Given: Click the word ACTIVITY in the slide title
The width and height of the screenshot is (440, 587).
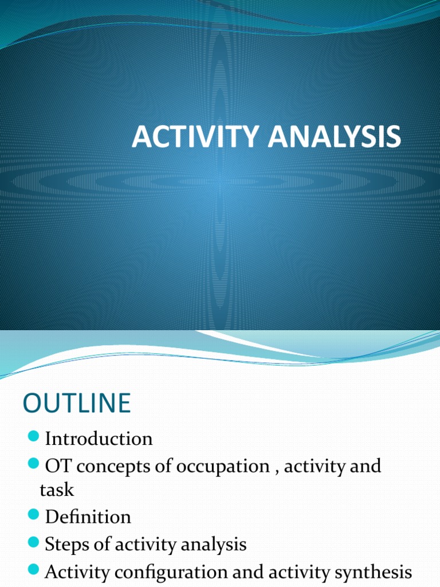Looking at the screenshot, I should click(194, 138).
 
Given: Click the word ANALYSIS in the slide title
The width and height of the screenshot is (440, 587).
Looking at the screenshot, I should click(332, 138).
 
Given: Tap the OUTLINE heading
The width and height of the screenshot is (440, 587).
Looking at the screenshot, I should click(77, 403).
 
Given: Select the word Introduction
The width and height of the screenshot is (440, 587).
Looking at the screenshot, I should click(99, 439).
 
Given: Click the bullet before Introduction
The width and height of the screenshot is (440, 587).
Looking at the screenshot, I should click(33, 439).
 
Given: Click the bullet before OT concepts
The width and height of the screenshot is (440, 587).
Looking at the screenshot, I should click(33, 465).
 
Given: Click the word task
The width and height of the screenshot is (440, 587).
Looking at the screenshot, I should click(57, 491).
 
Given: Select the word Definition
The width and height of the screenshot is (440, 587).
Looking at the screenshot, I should click(88, 517).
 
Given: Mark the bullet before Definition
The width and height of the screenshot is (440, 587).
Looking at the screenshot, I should click(33, 516).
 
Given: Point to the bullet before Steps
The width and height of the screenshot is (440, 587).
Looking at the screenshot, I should click(33, 543).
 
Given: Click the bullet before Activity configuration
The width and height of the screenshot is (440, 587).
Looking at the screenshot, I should click(33, 570).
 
